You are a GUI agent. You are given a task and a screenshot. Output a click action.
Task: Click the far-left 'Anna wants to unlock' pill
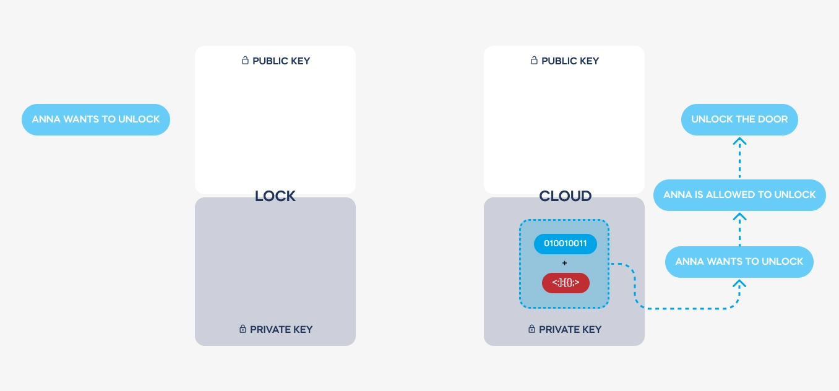(x=96, y=119)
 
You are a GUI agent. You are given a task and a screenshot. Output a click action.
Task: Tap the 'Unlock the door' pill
(x=739, y=119)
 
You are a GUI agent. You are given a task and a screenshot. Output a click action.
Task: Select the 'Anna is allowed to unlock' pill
(x=739, y=195)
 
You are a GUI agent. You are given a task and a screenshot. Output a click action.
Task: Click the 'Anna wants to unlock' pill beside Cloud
(x=739, y=262)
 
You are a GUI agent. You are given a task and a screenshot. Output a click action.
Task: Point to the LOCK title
(x=275, y=196)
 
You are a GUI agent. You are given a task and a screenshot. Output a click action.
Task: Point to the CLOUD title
(x=565, y=196)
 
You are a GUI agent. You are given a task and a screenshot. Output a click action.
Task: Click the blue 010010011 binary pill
(x=565, y=244)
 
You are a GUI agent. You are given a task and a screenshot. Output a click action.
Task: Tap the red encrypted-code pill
(x=566, y=283)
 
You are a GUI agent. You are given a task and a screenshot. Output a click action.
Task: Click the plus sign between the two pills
(x=564, y=264)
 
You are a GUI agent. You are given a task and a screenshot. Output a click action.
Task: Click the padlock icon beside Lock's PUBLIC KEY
(x=245, y=60)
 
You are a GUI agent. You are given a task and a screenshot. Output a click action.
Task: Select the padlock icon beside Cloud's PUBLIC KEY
(x=534, y=60)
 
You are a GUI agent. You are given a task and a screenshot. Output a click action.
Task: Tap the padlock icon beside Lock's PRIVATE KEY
(x=243, y=329)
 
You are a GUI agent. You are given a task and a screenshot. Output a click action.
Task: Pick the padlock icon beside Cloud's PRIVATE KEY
(x=531, y=329)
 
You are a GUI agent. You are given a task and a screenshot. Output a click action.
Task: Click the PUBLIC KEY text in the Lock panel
(x=282, y=61)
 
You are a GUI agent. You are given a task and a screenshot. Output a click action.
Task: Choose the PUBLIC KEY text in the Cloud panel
(x=570, y=61)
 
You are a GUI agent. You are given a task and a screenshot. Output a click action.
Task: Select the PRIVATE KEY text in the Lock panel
(x=282, y=330)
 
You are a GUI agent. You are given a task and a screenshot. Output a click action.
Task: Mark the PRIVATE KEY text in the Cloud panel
(x=570, y=330)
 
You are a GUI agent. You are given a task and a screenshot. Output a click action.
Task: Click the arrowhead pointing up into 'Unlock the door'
(x=739, y=141)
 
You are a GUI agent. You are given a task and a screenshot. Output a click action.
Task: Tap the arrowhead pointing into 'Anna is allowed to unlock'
(x=739, y=217)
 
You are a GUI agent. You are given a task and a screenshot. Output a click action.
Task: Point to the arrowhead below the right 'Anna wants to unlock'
(x=739, y=283)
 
